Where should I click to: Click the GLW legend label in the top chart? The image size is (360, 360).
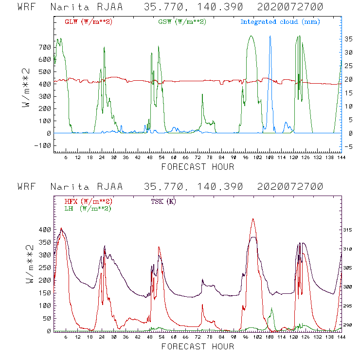coord(89,22)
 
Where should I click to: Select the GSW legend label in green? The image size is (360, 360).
coord(182,22)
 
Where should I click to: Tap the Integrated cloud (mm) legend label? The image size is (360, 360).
coord(280,22)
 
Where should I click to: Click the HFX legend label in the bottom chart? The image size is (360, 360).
coord(89,201)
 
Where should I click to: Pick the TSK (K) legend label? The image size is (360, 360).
coord(163,201)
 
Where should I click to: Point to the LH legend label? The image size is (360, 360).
coord(88,209)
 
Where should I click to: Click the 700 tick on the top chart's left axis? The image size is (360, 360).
coord(45,48)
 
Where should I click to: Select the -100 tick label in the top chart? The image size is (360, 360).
coord(42,145)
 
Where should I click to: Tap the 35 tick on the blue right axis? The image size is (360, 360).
coord(348,39)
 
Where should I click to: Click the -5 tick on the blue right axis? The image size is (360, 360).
coord(348,147)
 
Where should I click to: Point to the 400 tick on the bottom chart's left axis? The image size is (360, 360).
coord(45,230)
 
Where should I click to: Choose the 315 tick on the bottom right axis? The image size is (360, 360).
coord(347,230)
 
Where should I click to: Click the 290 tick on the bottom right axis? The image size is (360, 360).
coord(347,325)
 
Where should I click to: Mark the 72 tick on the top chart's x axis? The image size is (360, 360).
coord(198,158)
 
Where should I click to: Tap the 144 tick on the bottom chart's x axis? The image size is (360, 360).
coord(342,337)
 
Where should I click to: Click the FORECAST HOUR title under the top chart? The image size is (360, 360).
coord(198,167)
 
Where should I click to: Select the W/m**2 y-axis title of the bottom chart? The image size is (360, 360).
coord(29,264)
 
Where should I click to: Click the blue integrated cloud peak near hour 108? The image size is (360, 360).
coord(270,36)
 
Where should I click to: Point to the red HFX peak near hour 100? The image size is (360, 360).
coord(253,219)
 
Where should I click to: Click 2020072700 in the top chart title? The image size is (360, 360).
coord(290,7)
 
